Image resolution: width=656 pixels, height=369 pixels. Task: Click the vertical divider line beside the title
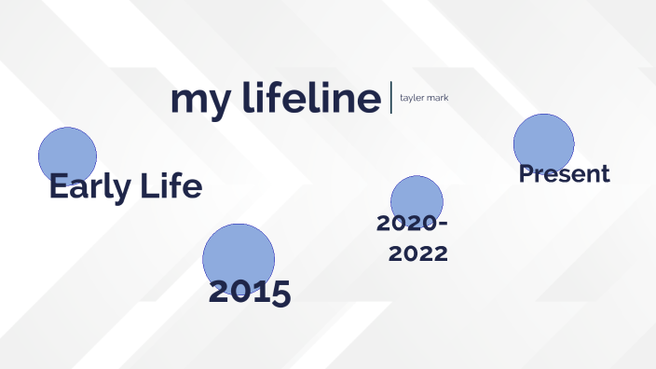tap(391, 98)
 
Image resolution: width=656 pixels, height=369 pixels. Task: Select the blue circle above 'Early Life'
tap(67, 153)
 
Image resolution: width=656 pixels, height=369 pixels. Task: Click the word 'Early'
tap(90, 187)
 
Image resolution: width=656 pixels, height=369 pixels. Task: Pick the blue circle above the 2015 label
tap(239, 258)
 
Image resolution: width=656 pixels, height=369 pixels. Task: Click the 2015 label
tap(250, 292)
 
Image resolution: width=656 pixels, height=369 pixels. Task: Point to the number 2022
tap(418, 253)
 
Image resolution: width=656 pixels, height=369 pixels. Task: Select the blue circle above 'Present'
tap(543, 143)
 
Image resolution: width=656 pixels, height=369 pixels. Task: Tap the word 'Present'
tap(564, 173)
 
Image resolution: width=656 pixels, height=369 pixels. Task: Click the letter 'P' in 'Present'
tap(526, 173)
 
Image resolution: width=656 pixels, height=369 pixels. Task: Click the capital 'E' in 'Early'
tap(60, 187)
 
